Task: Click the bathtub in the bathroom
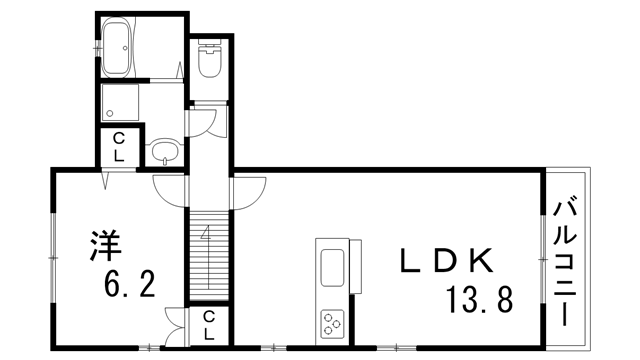coord(119,50)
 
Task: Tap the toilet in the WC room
coord(210,61)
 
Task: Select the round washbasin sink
coord(164,153)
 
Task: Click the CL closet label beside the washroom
coord(117,147)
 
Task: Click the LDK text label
coord(448,261)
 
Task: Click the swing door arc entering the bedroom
coord(167,187)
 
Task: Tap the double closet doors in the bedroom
coord(174,322)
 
